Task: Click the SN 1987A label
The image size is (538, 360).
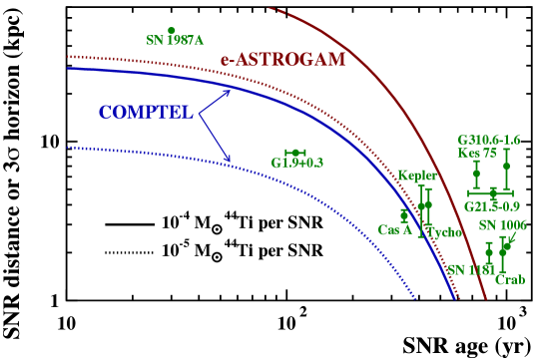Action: [x=175, y=41]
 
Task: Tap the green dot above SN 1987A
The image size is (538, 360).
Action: [x=172, y=30]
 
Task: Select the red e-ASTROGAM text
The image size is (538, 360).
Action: [x=282, y=60]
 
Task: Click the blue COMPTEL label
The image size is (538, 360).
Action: [x=146, y=113]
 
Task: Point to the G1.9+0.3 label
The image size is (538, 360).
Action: [x=297, y=163]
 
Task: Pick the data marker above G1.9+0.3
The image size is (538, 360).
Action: [x=294, y=153]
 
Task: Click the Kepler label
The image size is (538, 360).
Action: [x=417, y=176]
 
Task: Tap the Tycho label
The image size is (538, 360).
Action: [x=443, y=232]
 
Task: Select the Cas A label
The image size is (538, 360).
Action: [x=395, y=229]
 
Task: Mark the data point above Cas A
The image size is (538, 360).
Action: [x=404, y=213]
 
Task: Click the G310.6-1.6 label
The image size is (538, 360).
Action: [x=489, y=141]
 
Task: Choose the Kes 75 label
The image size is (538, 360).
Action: [x=476, y=154]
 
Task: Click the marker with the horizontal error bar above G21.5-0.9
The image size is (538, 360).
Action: [x=493, y=191]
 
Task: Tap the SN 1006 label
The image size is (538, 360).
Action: [x=502, y=225]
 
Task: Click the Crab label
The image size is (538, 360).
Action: [x=509, y=280]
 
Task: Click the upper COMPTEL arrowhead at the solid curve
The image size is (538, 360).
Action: [x=229, y=93]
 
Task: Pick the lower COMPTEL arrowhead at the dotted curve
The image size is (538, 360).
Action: [x=229, y=160]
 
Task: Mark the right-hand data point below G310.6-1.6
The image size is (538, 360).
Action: [x=506, y=166]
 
